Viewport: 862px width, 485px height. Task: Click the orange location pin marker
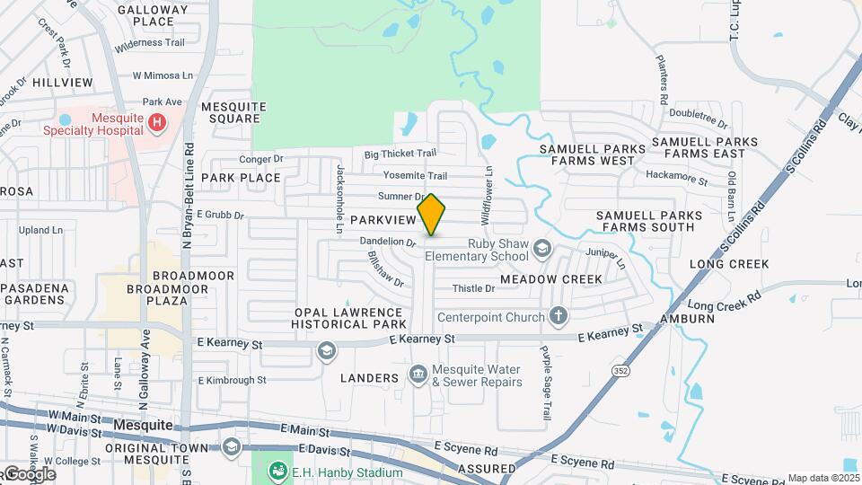point(431,214)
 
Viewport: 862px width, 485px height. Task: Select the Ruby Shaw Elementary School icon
point(541,247)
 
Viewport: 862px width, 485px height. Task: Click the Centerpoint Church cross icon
point(559,316)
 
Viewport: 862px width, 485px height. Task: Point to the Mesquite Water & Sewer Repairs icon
point(418,374)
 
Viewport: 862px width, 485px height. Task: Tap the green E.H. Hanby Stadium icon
point(277,472)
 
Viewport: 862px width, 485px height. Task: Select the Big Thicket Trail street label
point(400,154)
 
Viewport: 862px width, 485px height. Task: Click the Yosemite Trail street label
point(414,175)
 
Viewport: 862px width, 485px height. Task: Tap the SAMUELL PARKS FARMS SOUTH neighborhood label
point(646,221)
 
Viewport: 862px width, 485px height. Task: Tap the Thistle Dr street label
point(473,288)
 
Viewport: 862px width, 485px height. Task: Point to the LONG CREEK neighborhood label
point(729,264)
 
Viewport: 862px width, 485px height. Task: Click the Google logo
point(29,474)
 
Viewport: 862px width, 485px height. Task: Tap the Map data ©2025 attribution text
point(822,478)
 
